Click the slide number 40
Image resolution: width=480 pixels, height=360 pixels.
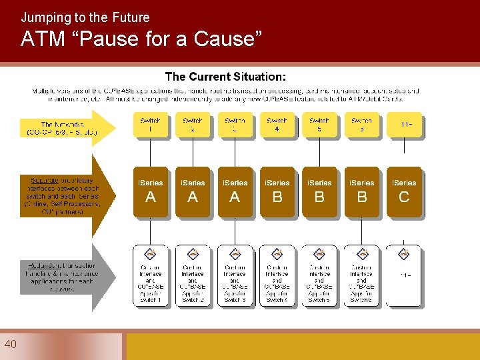pyautogui.click(x=10, y=344)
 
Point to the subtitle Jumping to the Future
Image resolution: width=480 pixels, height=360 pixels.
pyautogui.click(x=85, y=17)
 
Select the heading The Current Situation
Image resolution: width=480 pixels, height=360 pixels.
pyautogui.click(x=225, y=77)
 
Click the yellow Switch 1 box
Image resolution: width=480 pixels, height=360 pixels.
pyautogui.click(x=151, y=125)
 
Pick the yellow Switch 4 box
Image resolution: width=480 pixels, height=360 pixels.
pyautogui.click(x=277, y=125)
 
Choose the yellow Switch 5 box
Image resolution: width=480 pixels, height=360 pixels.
pyautogui.click(x=319, y=125)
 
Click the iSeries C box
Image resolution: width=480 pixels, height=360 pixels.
pyautogui.click(x=404, y=192)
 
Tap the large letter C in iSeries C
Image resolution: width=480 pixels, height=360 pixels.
pyautogui.click(x=404, y=197)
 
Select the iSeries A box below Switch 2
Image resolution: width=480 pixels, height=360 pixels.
pyautogui.click(x=193, y=192)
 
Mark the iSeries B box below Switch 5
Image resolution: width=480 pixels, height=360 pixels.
pyautogui.click(x=319, y=192)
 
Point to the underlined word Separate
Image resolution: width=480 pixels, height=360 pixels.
pyautogui.click(x=44, y=180)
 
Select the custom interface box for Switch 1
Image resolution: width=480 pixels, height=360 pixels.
pyautogui.click(x=151, y=276)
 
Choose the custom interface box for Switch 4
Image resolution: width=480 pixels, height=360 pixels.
pyautogui.click(x=277, y=276)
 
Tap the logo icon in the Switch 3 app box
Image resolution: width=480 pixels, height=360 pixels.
pyautogui.click(x=235, y=253)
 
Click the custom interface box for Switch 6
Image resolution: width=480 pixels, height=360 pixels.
pyautogui.click(x=361, y=276)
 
